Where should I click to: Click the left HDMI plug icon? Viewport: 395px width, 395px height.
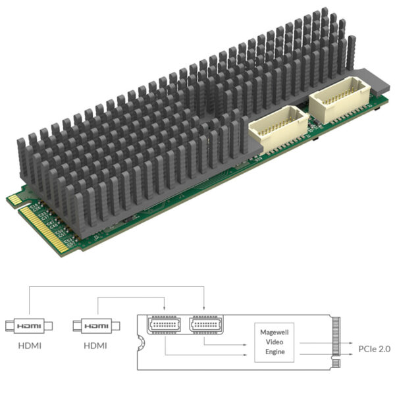point(30,326)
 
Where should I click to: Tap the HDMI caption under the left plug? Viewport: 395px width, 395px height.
point(29,345)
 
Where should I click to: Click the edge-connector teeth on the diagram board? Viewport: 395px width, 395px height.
point(338,342)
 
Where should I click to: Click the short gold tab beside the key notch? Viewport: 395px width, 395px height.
point(14,199)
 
